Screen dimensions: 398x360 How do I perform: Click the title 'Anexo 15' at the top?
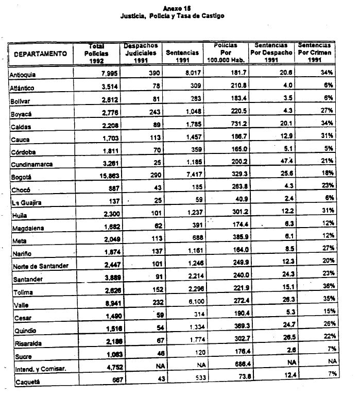tap(179, 9)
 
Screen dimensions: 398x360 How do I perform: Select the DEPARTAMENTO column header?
tap(40, 54)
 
